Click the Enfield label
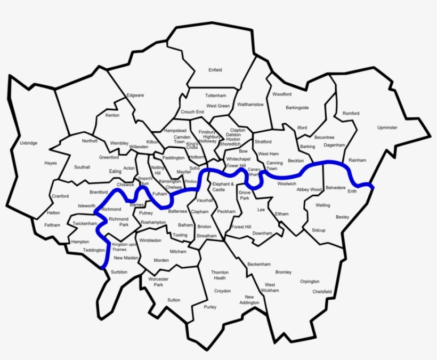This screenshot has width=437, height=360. click(x=215, y=70)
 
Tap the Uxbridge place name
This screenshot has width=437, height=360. click(x=28, y=143)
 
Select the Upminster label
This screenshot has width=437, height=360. click(x=387, y=128)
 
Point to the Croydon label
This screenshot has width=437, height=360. click(x=222, y=291)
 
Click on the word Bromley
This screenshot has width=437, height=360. click(x=284, y=273)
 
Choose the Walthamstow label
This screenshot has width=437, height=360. click(x=250, y=105)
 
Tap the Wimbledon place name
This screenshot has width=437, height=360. click(x=150, y=241)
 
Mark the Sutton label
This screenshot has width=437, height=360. click(x=174, y=300)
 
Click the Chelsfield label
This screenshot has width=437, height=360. click(x=322, y=292)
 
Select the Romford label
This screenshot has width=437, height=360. click(x=351, y=114)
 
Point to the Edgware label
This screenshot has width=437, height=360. click(x=135, y=95)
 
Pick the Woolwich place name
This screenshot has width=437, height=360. click(x=287, y=184)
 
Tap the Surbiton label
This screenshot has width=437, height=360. click(x=119, y=272)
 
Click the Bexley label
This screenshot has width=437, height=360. click(x=342, y=217)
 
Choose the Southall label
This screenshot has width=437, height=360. click(x=82, y=167)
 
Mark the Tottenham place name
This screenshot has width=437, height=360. click(x=216, y=95)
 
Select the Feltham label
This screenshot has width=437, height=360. click(x=52, y=225)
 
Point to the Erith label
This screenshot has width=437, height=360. click(x=352, y=191)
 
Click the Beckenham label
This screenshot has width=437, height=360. click(x=259, y=265)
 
